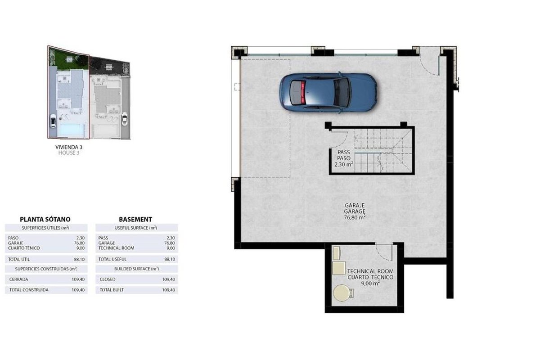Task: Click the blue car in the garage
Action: (x=328, y=93)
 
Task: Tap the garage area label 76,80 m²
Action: (x=355, y=217)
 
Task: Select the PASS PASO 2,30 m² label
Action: (x=343, y=158)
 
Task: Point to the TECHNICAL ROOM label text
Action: (x=370, y=271)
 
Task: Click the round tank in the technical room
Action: (x=342, y=293)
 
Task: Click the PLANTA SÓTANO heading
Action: (x=45, y=219)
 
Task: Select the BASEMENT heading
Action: (x=135, y=219)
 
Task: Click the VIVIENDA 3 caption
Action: (x=69, y=147)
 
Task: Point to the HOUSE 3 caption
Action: (x=69, y=153)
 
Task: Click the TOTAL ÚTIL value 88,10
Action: (x=79, y=260)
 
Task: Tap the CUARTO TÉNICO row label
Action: (x=24, y=248)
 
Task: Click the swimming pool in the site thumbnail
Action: (x=72, y=130)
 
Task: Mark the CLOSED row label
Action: (x=108, y=279)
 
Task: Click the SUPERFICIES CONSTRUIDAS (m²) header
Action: (x=46, y=269)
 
